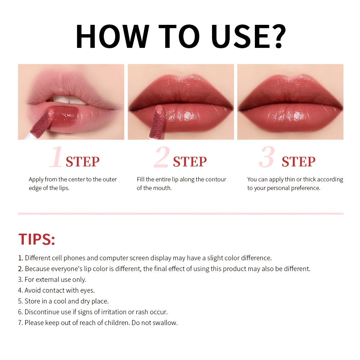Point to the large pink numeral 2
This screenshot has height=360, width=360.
162,157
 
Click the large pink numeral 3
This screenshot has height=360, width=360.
267,157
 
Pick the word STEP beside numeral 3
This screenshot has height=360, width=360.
298,162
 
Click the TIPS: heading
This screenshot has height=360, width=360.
37,239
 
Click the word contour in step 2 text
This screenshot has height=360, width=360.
216,179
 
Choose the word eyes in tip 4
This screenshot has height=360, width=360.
87,291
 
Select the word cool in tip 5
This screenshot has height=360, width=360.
60,301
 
